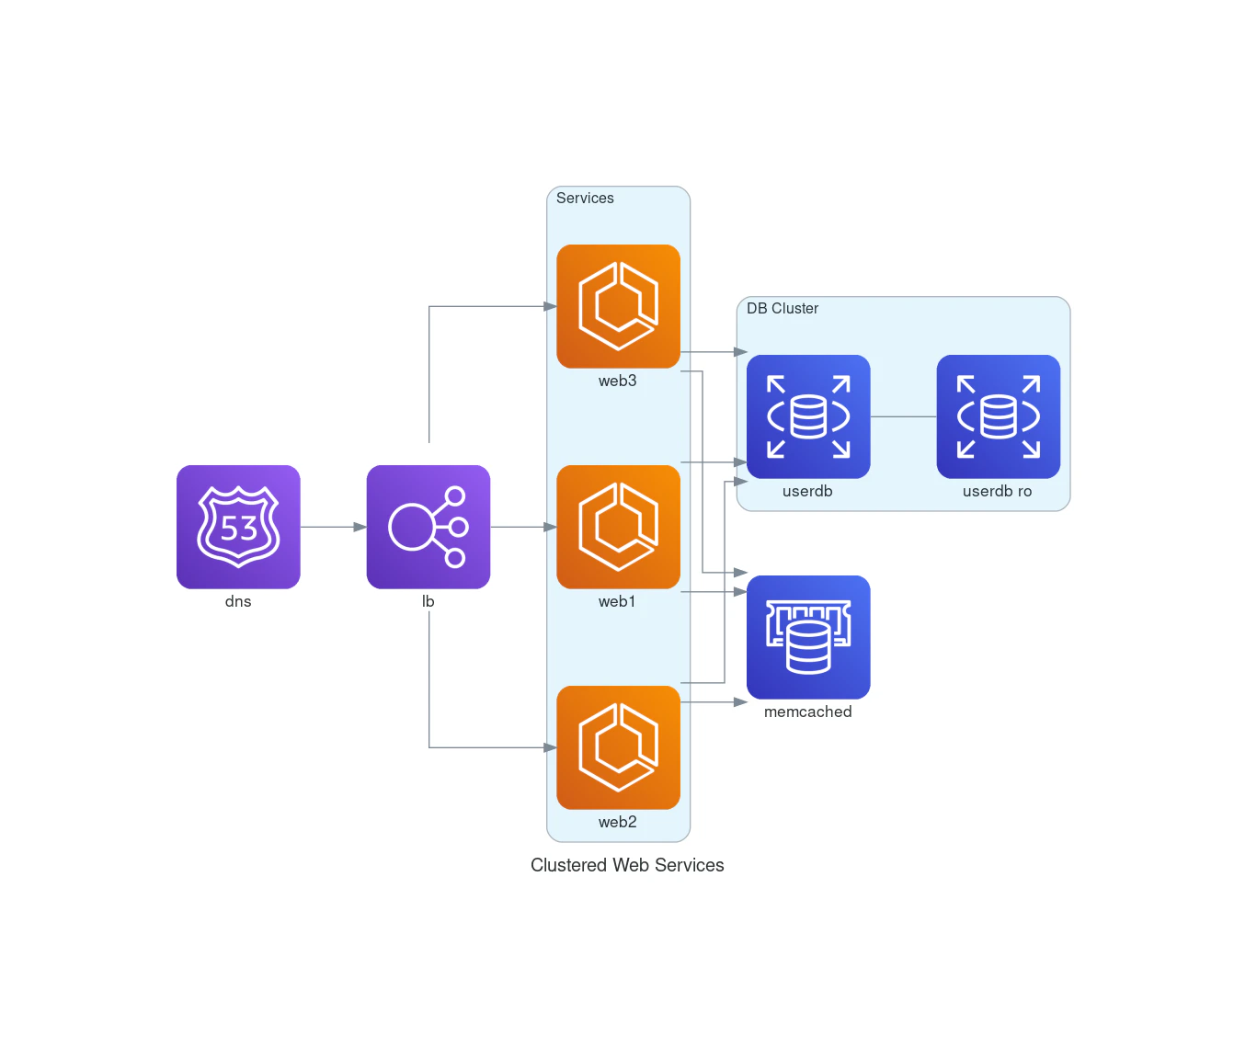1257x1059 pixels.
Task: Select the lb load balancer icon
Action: pyautogui.click(x=429, y=527)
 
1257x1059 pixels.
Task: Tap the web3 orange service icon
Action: pyautogui.click(x=618, y=306)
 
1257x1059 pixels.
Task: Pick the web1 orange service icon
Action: pyautogui.click(x=618, y=527)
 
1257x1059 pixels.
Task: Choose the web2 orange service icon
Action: pyautogui.click(x=618, y=747)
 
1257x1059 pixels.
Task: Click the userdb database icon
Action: pyautogui.click(x=808, y=416)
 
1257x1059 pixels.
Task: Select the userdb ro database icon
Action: pyautogui.click(x=998, y=416)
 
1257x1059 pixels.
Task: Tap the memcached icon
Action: pyautogui.click(x=808, y=637)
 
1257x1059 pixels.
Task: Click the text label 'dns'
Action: pyautogui.click(x=238, y=601)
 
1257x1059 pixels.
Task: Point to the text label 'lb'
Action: pyautogui.click(x=429, y=601)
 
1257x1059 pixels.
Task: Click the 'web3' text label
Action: pyautogui.click(x=618, y=381)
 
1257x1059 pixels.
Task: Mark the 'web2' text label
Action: pyautogui.click(x=618, y=822)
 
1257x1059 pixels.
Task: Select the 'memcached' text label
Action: pyautogui.click(x=808, y=712)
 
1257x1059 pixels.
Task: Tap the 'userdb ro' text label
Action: pyautogui.click(x=998, y=491)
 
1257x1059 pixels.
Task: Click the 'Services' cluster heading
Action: pyautogui.click(x=585, y=198)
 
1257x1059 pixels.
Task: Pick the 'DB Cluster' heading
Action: pyautogui.click(x=783, y=308)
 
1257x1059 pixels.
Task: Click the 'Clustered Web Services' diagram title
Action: pyautogui.click(x=627, y=865)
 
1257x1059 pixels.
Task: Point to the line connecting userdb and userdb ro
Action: pyautogui.click(x=903, y=416)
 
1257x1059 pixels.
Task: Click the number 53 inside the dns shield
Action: pyautogui.click(x=239, y=529)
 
